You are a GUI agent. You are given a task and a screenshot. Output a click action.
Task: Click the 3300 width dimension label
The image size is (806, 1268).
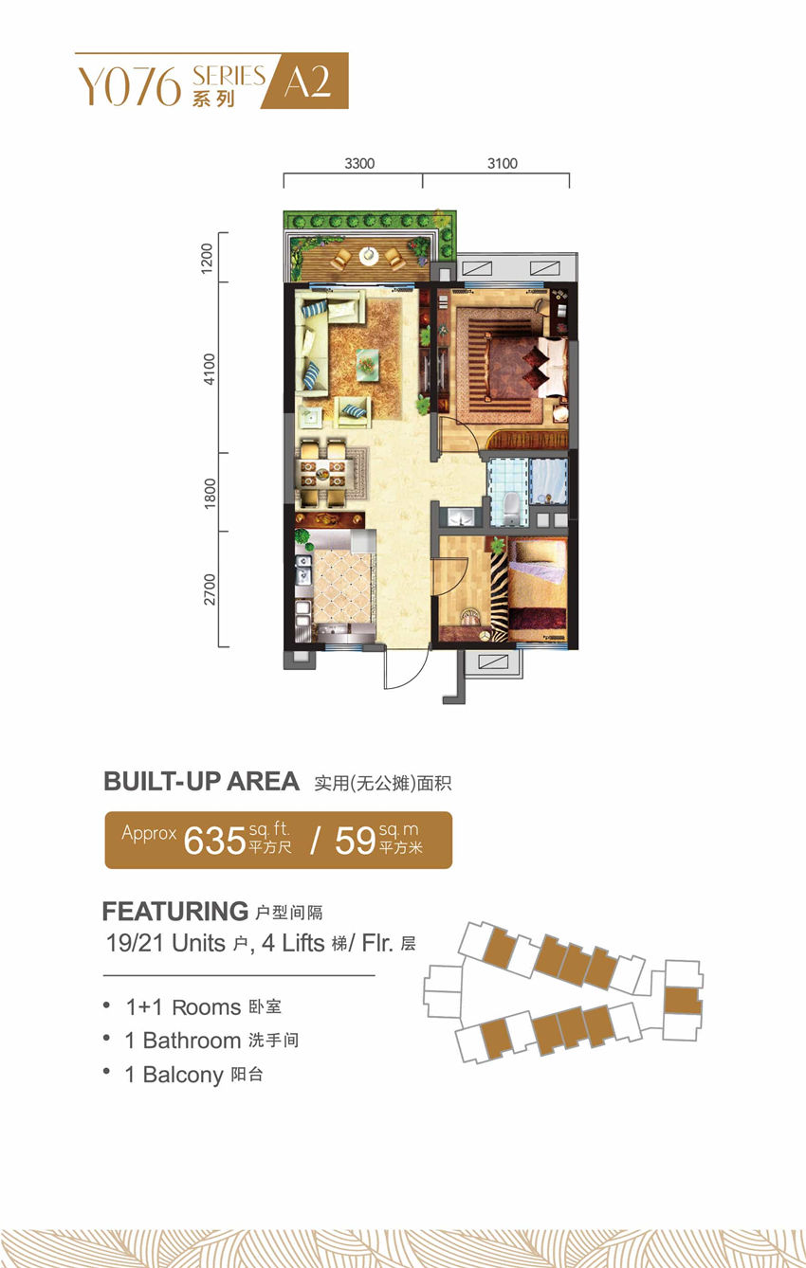coord(359,164)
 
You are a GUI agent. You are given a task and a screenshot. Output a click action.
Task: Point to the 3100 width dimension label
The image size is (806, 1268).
coord(503,164)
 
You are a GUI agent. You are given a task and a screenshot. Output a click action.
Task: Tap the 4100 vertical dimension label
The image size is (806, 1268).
coord(210,369)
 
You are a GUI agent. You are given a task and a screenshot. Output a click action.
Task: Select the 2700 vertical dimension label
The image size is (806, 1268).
coord(210,589)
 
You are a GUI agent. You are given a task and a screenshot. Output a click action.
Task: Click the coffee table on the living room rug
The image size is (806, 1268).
coord(367,363)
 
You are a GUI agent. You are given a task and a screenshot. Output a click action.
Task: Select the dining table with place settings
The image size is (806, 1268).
coord(322,473)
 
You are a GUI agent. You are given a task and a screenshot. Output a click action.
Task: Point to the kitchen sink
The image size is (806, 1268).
coord(303,570)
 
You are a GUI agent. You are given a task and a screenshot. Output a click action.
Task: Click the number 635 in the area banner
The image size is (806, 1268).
coord(214,841)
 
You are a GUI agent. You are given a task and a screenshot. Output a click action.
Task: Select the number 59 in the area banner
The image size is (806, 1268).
coord(356,841)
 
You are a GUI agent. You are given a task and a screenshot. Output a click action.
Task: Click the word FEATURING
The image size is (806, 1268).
coord(175,912)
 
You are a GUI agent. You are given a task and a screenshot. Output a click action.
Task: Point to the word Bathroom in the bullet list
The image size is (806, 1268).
coord(192,1041)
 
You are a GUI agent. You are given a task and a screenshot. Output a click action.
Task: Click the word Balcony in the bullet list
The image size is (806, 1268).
coord(183,1075)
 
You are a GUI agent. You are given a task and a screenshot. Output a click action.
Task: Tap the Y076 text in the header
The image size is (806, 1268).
coord(129,87)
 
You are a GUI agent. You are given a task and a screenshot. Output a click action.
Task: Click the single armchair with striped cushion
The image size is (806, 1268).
coord(353,411)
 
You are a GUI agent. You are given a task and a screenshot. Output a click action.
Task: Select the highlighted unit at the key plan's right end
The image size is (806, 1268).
coord(682,1000)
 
